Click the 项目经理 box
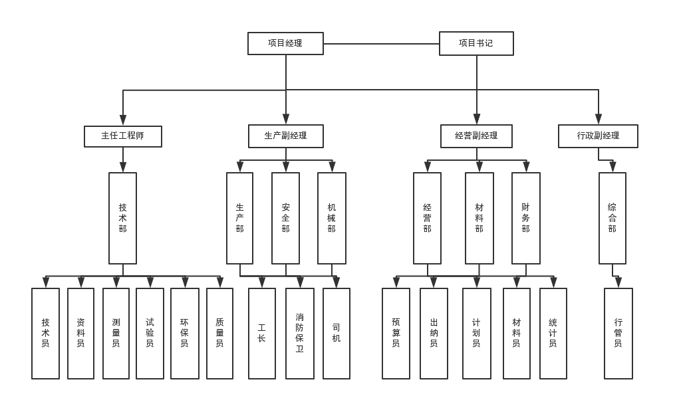tap(285, 43)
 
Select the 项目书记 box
tap(476, 43)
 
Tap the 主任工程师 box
tap(122, 136)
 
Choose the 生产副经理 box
tap(285, 136)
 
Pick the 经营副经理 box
tap(476, 136)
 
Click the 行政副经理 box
tap(598, 136)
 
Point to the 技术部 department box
tap(122, 218)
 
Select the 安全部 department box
tap(285, 218)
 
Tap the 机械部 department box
tap(331, 218)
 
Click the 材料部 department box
tap(479, 218)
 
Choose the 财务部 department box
tap(525, 218)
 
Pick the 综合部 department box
tap(612, 218)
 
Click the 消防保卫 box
tap(299, 333)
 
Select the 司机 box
tap(336, 333)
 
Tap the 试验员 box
tap(150, 333)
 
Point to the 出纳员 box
tap(434, 333)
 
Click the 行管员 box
tap(618, 333)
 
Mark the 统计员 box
tap(553, 333)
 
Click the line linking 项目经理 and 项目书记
tap(381, 44)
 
